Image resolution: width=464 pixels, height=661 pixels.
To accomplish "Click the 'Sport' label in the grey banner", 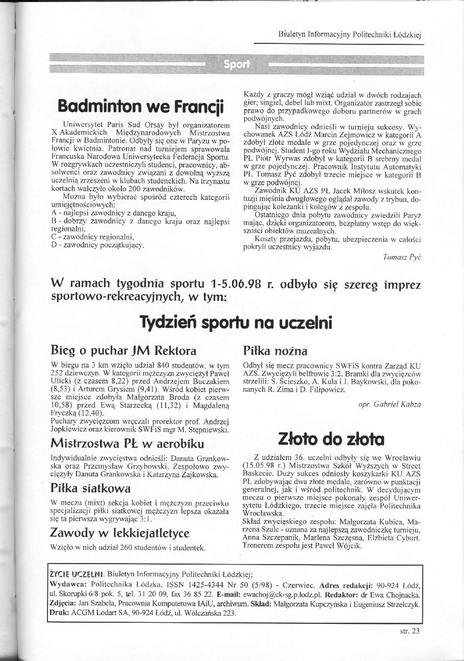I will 237,64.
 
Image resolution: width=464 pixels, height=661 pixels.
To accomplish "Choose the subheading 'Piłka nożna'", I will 275,351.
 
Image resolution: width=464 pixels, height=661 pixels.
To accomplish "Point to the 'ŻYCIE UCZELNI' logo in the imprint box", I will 77,573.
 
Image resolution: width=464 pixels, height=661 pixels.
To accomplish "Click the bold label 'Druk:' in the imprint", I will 60,613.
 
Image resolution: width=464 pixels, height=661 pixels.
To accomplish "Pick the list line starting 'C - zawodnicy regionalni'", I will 93,237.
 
